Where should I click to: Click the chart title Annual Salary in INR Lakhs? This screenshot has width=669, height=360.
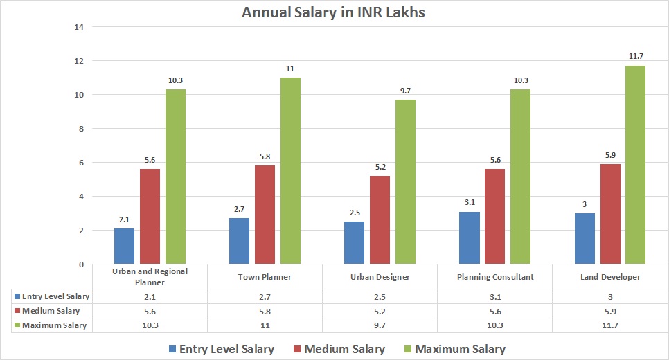(334, 12)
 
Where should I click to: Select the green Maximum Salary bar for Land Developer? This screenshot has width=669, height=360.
(634, 165)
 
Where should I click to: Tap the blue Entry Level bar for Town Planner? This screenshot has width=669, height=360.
(239, 241)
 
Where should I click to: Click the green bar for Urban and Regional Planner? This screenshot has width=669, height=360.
(175, 177)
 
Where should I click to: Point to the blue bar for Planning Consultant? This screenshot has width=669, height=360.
(470, 237)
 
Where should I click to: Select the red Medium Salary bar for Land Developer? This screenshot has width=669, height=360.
(609, 214)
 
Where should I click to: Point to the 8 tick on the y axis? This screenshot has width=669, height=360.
(80, 129)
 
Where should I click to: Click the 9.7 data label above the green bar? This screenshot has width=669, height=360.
(404, 90)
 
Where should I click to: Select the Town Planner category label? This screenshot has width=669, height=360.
(265, 277)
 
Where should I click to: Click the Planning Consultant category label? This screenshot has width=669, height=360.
(494, 277)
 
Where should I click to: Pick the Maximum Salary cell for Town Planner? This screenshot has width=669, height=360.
(265, 325)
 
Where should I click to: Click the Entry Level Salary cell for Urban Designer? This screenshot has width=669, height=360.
(380, 296)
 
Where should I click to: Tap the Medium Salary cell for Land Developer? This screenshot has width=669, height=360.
(609, 311)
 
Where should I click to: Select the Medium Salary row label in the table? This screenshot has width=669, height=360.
(51, 311)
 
